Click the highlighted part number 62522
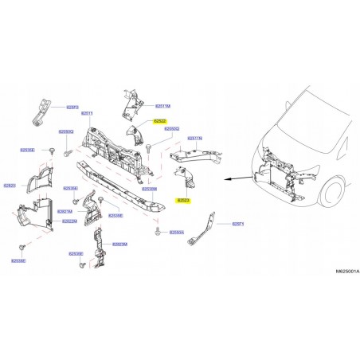(160, 120)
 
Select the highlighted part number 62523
(183, 201)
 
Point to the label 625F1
(237, 225)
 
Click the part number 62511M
(162, 105)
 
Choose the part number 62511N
(194, 138)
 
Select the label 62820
(10, 185)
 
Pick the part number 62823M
(120, 245)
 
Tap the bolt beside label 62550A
(158, 232)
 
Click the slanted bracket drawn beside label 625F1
(206, 229)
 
